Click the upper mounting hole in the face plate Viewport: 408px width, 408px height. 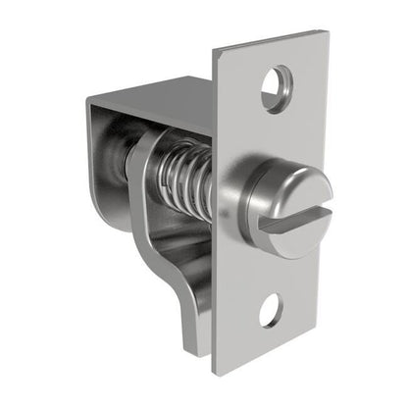pos(277,84)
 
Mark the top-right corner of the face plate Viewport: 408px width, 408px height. pos(326,32)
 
